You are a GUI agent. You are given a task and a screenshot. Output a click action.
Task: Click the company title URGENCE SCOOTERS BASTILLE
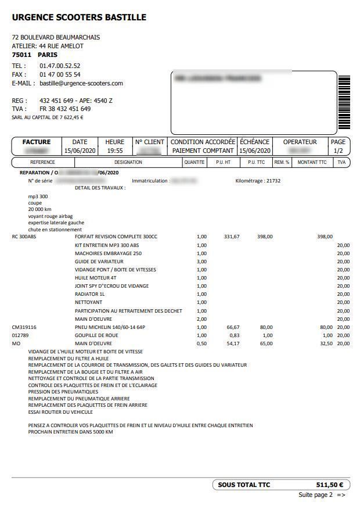coord(79,17)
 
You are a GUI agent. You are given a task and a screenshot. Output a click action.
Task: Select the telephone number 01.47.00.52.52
coord(60,66)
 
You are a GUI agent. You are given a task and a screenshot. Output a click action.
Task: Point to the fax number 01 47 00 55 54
coord(60,74)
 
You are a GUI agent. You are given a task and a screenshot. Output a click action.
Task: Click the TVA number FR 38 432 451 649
coord(65,109)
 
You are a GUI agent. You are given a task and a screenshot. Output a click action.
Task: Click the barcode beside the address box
coord(344,104)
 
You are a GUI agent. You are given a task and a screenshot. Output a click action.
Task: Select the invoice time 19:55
coord(114,151)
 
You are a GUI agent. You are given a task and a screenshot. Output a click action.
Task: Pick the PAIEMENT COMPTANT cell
coord(202,151)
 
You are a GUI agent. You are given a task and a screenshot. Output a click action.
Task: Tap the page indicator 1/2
coord(338,151)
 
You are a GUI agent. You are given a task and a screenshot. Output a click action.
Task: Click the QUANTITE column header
coord(194,162)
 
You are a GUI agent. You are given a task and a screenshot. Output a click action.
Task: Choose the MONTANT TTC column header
coord(312,162)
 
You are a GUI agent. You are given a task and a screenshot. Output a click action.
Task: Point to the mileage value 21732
coord(273,181)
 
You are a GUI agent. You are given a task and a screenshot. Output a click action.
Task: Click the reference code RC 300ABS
coord(24,237)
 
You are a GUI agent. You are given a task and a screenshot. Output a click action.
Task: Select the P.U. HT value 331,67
coord(232,237)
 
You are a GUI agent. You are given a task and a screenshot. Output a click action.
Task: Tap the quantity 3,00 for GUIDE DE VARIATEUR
coord(201,262)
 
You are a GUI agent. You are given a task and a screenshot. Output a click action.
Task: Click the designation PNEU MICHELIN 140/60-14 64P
coord(110,327)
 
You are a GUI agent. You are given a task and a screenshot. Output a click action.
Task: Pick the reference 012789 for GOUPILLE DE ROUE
coord(21,335)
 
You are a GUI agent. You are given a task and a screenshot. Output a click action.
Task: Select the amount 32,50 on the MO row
coord(326,343)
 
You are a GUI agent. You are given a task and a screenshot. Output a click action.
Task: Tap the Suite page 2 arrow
coord(341,495)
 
